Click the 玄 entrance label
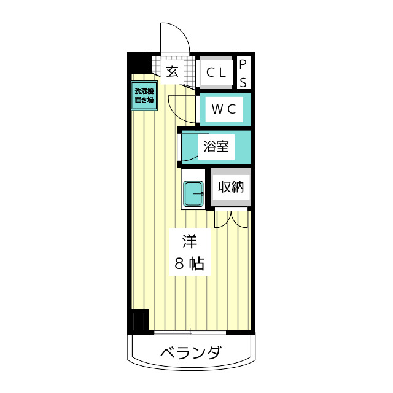(173, 71)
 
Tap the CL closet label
(216, 72)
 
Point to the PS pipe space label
(243, 73)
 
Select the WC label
(224, 109)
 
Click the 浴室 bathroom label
(216, 147)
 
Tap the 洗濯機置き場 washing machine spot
(144, 96)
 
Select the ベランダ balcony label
(191, 354)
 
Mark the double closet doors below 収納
(232, 218)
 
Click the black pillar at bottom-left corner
(139, 321)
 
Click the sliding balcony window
(190, 333)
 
